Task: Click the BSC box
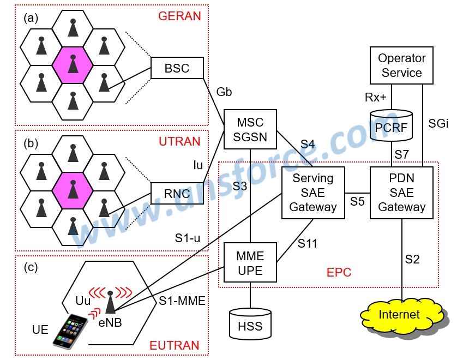coord(177,68)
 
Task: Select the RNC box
coord(177,193)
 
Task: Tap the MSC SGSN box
coord(250,130)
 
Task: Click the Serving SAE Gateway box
coord(313,193)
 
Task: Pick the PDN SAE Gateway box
coord(401,193)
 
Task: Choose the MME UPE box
coord(250,263)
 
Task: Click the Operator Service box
coord(401,65)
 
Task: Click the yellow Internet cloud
coord(400,315)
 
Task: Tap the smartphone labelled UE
coord(70,331)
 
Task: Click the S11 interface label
coord(308,244)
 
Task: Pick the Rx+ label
coord(376,97)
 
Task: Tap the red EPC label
coord(339,272)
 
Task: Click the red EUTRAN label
coord(175,345)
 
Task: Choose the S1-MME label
coord(182,301)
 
